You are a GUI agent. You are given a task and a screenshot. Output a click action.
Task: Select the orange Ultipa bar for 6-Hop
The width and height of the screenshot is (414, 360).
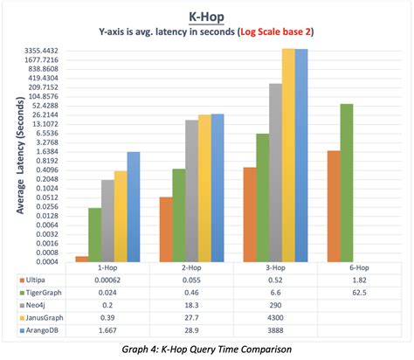tap(335, 206)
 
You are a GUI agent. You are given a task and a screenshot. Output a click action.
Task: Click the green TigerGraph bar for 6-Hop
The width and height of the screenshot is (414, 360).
tap(347, 183)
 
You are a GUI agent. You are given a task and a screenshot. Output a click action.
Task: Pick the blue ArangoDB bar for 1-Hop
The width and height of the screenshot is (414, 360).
tap(133, 206)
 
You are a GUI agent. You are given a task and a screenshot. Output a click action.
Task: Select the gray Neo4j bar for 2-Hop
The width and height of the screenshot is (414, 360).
tap(192, 190)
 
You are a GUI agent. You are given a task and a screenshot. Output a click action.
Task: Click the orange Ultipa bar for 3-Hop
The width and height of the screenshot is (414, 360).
tap(250, 214)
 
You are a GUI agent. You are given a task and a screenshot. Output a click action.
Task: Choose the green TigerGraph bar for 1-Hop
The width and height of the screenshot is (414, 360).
tap(94, 234)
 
